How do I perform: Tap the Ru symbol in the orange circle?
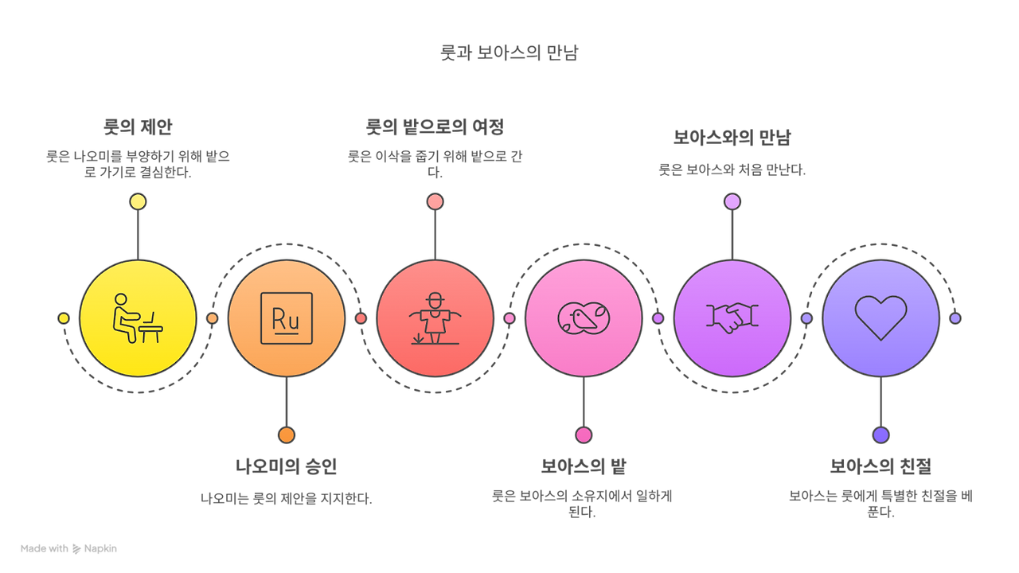(286, 318)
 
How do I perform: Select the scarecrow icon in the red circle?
(434, 318)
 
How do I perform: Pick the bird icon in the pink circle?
(584, 318)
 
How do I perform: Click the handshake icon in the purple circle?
(732, 318)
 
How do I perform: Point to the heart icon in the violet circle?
(880, 318)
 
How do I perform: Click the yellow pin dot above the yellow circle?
(138, 201)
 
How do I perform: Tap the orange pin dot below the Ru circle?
(287, 435)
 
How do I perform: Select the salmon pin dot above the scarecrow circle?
(435, 201)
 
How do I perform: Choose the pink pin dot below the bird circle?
(584, 435)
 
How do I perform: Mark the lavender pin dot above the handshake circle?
(732, 201)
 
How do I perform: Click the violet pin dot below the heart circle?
(880, 435)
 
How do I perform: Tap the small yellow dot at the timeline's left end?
(64, 318)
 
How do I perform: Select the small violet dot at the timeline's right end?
(955, 318)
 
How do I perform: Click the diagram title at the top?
(509, 53)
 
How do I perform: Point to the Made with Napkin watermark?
(68, 548)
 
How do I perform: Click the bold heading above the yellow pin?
(138, 127)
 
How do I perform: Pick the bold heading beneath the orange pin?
(287, 466)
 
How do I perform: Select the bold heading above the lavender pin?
(732, 138)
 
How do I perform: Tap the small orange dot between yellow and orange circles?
(212, 318)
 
